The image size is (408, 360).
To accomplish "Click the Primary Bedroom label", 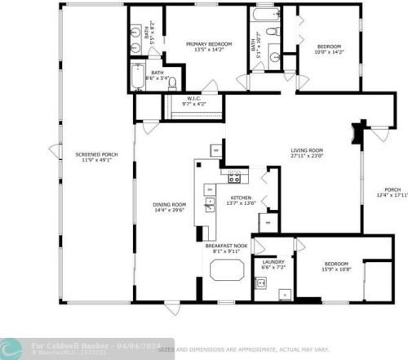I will (x=209, y=44).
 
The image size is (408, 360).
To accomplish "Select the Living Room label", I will (x=308, y=150).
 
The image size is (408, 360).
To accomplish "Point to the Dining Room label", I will (x=170, y=204).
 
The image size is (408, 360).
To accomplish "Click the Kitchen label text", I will (x=241, y=198).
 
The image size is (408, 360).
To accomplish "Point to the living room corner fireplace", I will (x=357, y=131).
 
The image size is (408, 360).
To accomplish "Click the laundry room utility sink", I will (x=261, y=283).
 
